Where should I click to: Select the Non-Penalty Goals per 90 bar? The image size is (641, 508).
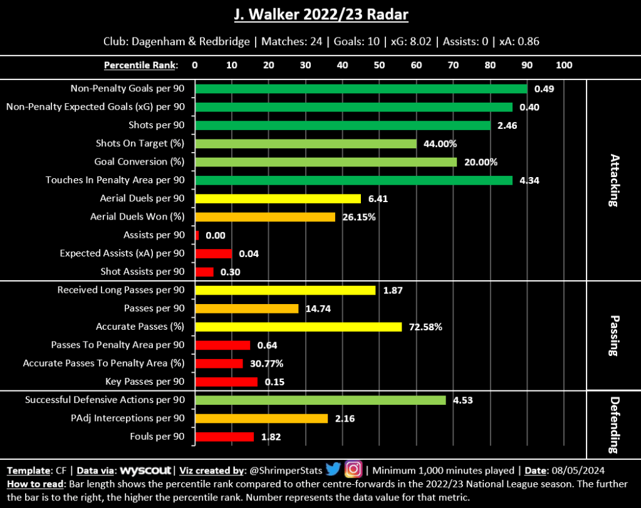click(x=361, y=89)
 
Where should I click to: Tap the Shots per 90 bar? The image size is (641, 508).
click(x=343, y=126)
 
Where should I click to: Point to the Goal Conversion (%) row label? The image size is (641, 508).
click(x=140, y=162)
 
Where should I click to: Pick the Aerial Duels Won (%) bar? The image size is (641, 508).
click(x=265, y=217)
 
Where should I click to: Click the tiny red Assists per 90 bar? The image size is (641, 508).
click(x=197, y=235)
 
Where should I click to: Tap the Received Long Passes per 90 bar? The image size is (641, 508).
click(x=285, y=290)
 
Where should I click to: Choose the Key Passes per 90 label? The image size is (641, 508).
click(x=145, y=382)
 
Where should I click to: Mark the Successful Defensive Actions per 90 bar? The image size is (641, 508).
click(x=320, y=400)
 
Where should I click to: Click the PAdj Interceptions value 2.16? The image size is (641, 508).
click(x=345, y=419)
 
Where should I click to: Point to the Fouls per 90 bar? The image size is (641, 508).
click(x=224, y=437)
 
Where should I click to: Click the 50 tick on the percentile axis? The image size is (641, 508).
click(x=379, y=65)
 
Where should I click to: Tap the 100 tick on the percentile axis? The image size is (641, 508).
click(x=564, y=65)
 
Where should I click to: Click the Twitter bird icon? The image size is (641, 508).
click(x=333, y=469)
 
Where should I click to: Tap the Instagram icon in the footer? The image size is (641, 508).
click(x=354, y=469)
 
